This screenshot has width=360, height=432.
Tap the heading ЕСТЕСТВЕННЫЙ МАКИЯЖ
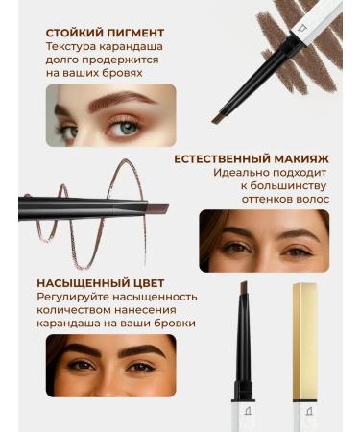click(x=252, y=160)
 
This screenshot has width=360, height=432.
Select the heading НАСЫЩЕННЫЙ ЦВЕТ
click(x=102, y=284)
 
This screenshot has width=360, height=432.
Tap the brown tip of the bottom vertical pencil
click(x=244, y=288)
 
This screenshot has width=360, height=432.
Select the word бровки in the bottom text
click(x=172, y=323)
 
